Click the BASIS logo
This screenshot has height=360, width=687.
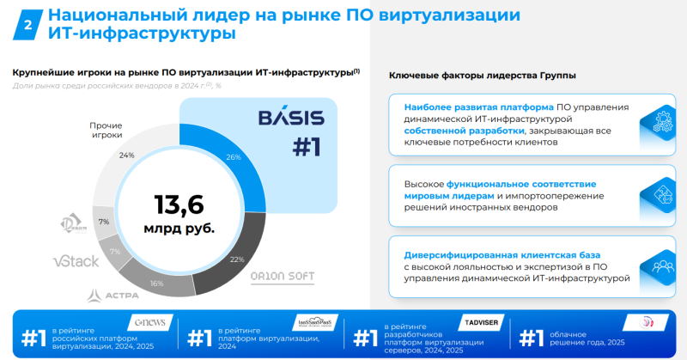tap(291, 117)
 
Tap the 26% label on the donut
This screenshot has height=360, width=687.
tap(234, 156)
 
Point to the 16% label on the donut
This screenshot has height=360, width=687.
tap(156, 282)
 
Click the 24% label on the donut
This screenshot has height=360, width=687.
tap(127, 156)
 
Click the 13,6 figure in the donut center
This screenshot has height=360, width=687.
tap(179, 204)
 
